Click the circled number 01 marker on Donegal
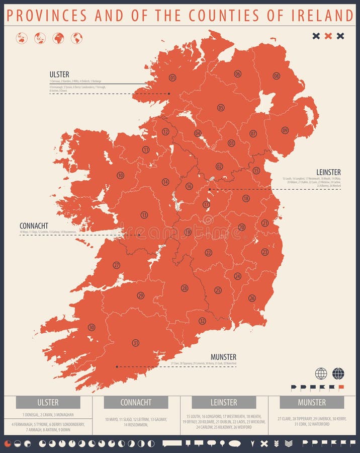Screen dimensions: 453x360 172,78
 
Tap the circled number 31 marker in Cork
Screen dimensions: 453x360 136,343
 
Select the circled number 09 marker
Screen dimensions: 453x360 285,130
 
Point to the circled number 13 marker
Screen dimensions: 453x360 144,214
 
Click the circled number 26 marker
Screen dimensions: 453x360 252,298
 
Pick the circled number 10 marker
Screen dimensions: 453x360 120,175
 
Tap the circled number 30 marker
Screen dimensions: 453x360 92,327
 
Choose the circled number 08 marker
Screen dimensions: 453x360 277,75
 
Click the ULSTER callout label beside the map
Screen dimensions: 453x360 59,74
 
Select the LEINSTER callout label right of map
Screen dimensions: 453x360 328,172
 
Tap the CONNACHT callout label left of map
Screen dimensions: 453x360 34,225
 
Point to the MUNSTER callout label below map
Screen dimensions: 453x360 223,357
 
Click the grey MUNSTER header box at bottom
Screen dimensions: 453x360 312,402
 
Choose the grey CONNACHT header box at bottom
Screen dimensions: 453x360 136,402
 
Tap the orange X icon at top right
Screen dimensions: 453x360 328,36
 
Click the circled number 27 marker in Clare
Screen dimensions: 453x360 116,265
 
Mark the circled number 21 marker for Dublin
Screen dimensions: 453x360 265,223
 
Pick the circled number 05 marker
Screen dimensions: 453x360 221,107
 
